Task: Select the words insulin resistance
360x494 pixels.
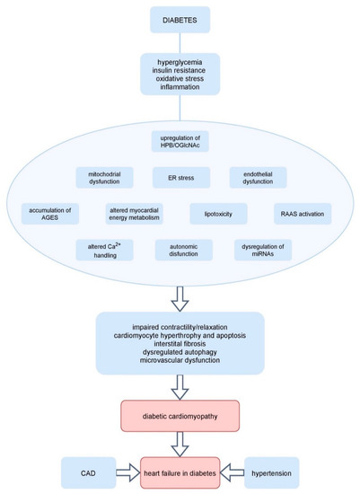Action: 180,73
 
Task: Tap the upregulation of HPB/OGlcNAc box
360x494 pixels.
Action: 180,141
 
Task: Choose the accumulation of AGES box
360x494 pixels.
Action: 50,214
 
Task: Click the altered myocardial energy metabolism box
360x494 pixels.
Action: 135,214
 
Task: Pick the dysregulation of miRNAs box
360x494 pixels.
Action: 262,249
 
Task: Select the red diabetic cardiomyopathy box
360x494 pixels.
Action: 180,417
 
